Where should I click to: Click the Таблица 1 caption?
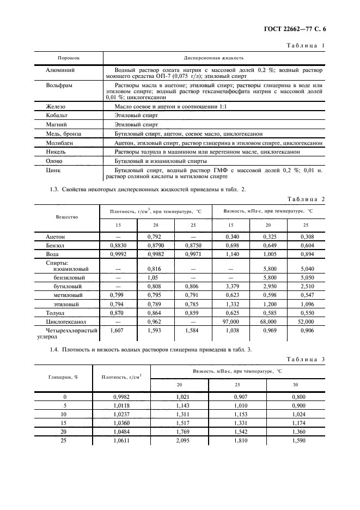tap(306, 46)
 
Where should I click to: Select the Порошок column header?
tap(69, 57)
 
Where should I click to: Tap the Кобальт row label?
tap(57, 116)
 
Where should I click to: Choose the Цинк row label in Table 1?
tap(53, 170)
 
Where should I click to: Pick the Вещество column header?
tap(67, 216)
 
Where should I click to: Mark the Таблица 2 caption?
tap(306, 199)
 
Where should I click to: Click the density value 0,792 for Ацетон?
tap(155, 237)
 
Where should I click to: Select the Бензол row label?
tap(56, 246)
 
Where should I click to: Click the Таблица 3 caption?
tap(306, 360)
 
